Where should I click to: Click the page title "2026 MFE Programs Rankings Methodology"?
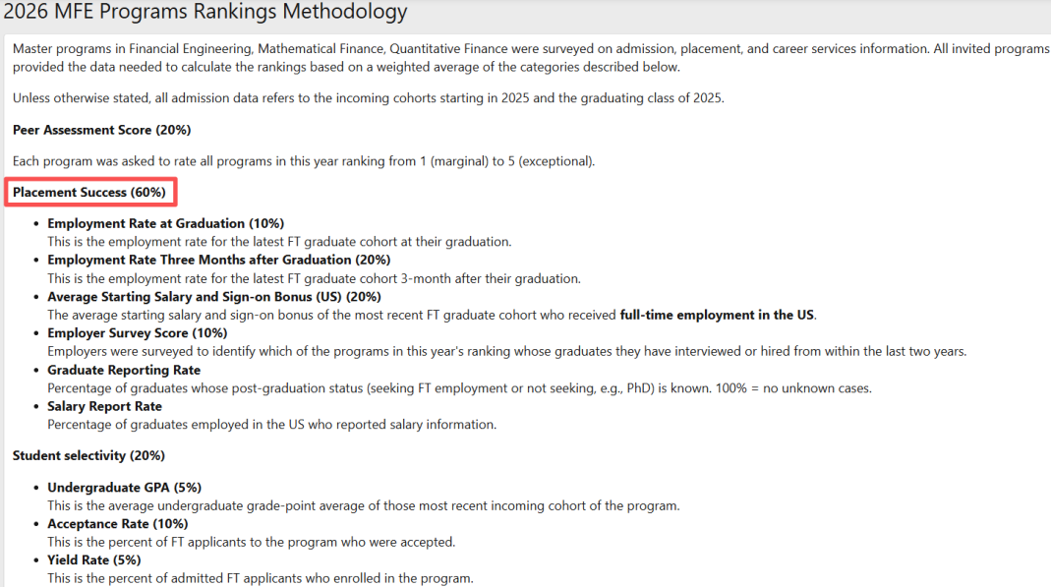coord(204,13)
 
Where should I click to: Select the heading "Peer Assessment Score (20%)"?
coord(101,130)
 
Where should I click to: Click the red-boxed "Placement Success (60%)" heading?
coord(89,192)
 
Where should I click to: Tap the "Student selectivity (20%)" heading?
coord(88,455)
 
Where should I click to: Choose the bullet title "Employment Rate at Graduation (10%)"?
coord(165,223)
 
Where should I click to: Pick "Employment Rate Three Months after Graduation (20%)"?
coord(218,260)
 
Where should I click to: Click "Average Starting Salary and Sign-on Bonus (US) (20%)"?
coord(213,296)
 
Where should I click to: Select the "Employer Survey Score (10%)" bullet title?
coord(137,333)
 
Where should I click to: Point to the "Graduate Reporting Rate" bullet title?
coord(124,370)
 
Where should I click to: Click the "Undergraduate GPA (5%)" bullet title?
coord(124,488)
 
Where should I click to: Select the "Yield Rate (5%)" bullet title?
coord(93,560)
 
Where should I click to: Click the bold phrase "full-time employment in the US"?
coord(717,315)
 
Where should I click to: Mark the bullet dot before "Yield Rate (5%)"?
coord(36,560)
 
